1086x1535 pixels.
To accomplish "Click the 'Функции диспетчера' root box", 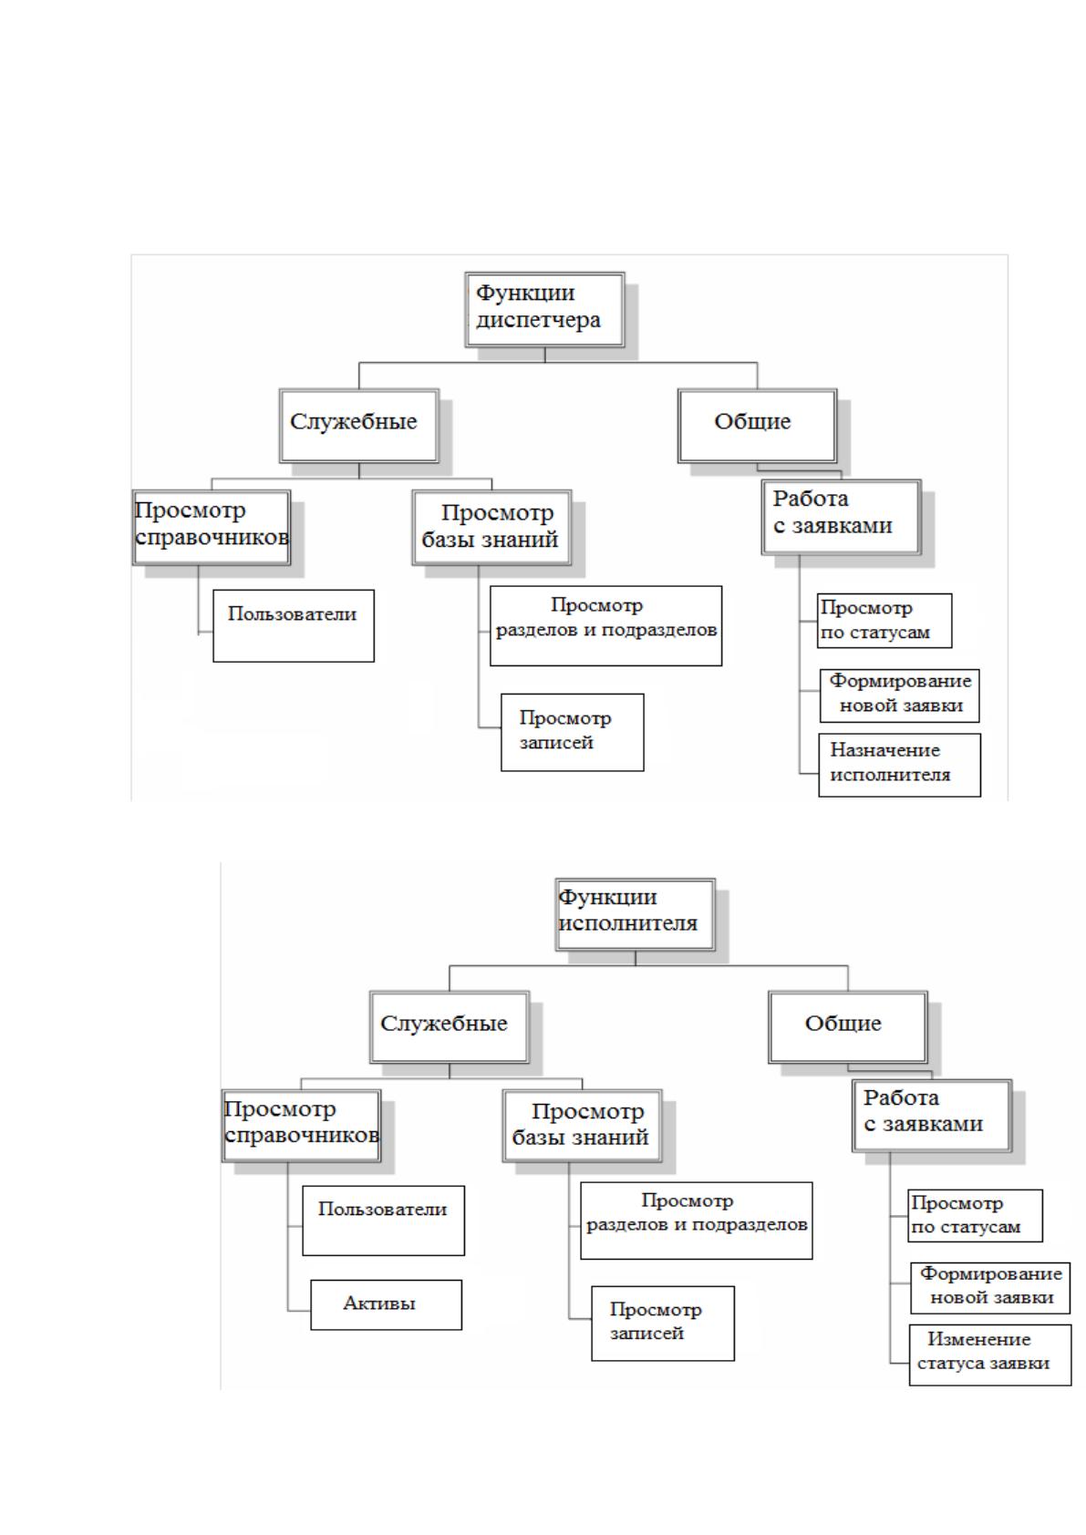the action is pos(544,310).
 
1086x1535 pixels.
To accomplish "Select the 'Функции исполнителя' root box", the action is pos(635,915).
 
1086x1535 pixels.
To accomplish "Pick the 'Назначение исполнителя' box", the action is pos(899,765).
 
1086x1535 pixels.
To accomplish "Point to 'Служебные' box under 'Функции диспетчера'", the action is pos(358,426).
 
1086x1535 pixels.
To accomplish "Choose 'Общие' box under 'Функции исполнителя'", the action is pos(848,1026).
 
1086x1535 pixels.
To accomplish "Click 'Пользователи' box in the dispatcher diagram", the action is pos(294,625).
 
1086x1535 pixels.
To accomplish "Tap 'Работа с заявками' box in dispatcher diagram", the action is pos(842,518).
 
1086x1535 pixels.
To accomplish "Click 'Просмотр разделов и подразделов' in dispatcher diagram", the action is pos(606,625).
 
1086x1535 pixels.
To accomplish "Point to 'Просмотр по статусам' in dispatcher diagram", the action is pos(884,621).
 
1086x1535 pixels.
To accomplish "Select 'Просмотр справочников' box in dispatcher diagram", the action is pos(212,527).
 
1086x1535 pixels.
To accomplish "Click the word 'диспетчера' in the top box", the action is pos(538,320).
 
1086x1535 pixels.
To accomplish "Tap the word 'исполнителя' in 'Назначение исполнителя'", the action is pos(890,775).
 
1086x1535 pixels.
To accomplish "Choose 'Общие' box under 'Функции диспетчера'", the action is pos(758,426).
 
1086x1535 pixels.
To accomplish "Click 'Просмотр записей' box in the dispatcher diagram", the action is pos(573,733).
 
